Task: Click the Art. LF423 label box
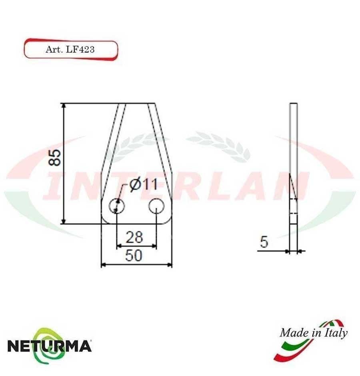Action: (x=71, y=50)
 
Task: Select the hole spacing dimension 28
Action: (x=134, y=237)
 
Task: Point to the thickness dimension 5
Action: (x=264, y=242)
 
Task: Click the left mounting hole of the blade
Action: (x=117, y=206)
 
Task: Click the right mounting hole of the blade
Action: (x=156, y=206)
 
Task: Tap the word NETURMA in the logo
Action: (x=49, y=346)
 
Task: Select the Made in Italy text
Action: (x=314, y=333)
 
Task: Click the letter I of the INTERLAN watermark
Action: (x=54, y=186)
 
